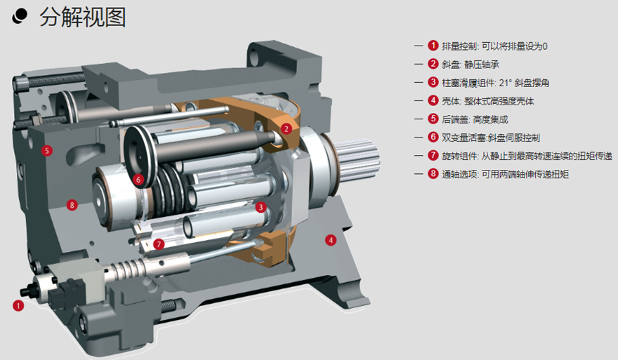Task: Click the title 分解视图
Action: (x=83, y=18)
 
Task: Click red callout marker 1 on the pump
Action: (x=18, y=306)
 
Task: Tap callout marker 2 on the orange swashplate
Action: (x=286, y=129)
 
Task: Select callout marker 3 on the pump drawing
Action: (x=261, y=207)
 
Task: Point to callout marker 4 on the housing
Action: (x=331, y=240)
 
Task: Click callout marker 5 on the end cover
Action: (x=47, y=150)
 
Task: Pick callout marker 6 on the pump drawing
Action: (x=138, y=180)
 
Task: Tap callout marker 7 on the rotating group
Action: (x=159, y=244)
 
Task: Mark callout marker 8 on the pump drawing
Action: (x=72, y=205)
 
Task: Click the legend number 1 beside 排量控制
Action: (x=433, y=46)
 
